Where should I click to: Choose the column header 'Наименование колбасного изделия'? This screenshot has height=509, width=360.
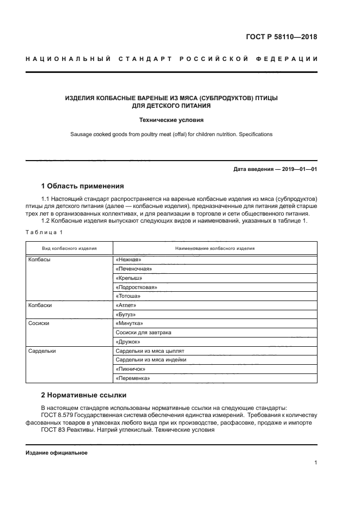215,248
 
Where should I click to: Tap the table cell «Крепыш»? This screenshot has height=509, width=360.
129,278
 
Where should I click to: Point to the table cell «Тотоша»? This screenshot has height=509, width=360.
129,296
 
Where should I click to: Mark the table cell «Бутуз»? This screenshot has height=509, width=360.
126,315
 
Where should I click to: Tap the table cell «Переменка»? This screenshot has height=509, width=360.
133,378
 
